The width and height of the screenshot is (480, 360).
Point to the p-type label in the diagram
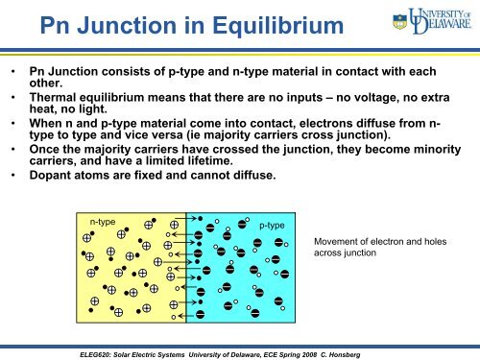(x=273, y=225)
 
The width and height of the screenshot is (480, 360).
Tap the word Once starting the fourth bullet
(x=46, y=150)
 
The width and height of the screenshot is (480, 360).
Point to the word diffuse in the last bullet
(x=249, y=176)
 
